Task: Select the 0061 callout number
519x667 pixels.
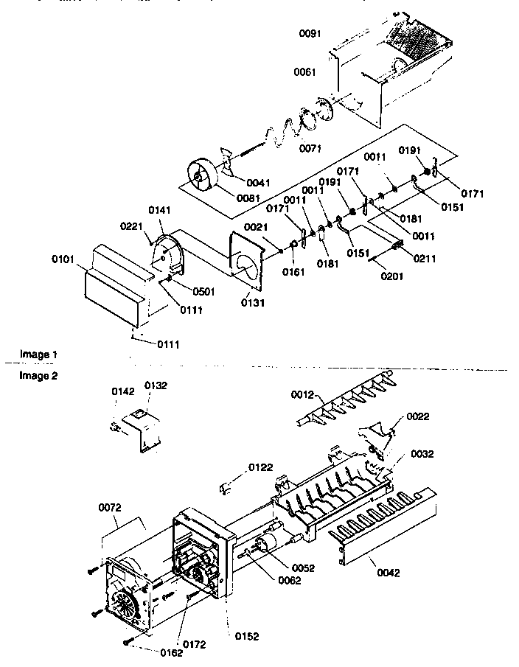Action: [x=305, y=71]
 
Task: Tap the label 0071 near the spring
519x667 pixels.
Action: [x=310, y=148]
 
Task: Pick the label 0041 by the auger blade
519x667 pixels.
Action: [x=257, y=182]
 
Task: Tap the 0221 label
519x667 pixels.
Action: [x=132, y=226]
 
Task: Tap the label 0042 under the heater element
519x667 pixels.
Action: [x=388, y=573]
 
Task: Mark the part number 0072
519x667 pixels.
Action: [x=109, y=509]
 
